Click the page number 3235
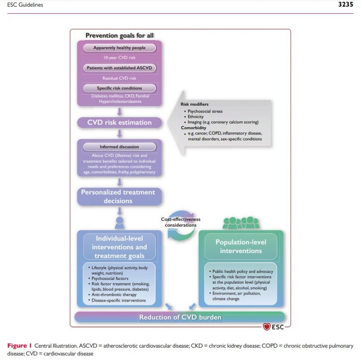click(345, 4)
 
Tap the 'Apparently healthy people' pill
click(119, 48)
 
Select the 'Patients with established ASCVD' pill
click(119, 68)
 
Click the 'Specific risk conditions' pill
click(119, 88)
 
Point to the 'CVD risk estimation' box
click(119, 123)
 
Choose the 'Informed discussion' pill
click(119, 147)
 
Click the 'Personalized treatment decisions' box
click(119, 196)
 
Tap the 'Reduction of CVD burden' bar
click(180, 317)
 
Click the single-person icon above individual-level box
click(119, 222)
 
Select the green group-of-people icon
click(241, 223)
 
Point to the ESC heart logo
click(267, 327)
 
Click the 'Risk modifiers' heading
click(195, 104)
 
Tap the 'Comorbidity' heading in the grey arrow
click(193, 128)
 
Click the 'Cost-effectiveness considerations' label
click(180, 222)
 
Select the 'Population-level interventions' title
click(241, 246)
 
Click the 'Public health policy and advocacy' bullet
click(241, 271)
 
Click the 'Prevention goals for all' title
click(119, 35)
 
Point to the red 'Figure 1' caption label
click(19, 346)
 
